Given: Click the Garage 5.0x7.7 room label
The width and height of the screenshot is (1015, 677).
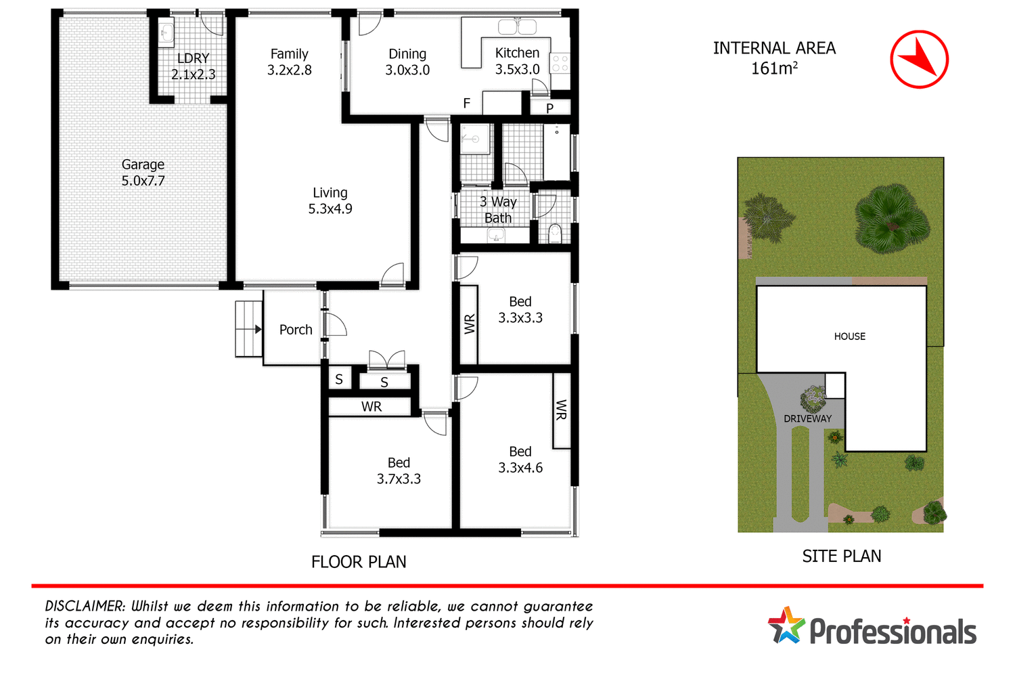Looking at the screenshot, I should [x=143, y=173].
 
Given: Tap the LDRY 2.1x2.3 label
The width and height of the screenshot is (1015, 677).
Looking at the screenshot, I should [x=193, y=66].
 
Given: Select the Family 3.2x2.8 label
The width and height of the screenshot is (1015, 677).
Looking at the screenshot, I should [x=289, y=62].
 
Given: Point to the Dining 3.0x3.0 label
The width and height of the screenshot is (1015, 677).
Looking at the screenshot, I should [x=407, y=62].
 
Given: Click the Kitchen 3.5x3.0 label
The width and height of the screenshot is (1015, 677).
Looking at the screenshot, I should [x=517, y=61].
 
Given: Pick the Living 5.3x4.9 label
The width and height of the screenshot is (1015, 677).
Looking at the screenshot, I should [x=330, y=201].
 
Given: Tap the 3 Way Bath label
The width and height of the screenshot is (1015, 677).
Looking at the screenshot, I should [x=498, y=210].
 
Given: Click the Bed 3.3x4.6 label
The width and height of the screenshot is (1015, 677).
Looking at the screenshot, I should [x=520, y=460].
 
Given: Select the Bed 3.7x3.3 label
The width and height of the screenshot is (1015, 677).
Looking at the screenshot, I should [x=399, y=471].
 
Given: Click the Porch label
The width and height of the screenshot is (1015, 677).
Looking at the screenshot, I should [x=296, y=330].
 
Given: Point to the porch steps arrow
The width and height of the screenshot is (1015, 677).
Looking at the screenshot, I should [x=258, y=330].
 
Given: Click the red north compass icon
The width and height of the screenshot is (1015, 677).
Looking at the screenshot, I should [x=919, y=60].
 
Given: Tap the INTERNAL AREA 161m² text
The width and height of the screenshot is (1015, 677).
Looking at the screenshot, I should [x=774, y=58].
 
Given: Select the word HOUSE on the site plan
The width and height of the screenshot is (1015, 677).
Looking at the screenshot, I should [x=849, y=336].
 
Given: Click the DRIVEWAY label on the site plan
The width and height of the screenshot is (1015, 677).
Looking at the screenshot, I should [x=807, y=419].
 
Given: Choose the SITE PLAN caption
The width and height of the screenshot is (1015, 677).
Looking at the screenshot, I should [x=841, y=556].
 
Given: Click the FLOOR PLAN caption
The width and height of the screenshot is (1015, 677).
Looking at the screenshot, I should [x=359, y=562].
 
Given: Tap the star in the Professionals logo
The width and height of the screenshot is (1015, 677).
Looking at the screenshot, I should [x=786, y=626].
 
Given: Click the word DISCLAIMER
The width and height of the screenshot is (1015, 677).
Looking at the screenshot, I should [x=85, y=607].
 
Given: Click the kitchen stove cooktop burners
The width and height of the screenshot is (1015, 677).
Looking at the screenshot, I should [x=560, y=64].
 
